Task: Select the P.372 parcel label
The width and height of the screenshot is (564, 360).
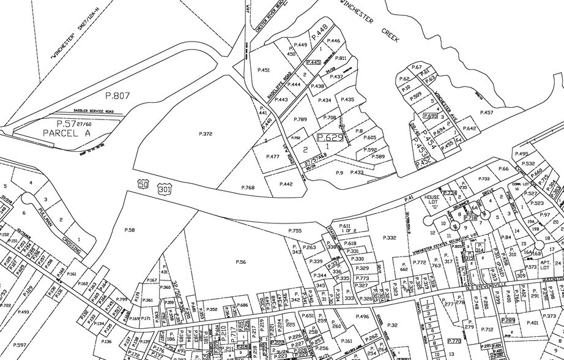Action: (x=205, y=133)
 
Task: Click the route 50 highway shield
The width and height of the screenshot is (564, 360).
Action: (x=143, y=184)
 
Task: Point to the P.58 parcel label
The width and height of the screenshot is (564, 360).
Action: (x=130, y=230)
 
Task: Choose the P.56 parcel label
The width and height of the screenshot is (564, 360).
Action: (x=240, y=262)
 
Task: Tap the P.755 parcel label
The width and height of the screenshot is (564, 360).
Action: (x=295, y=230)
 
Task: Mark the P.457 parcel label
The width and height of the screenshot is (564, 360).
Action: (x=486, y=112)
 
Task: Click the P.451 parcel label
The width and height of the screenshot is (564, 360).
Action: (x=264, y=70)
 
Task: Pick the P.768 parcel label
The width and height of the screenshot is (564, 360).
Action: (x=248, y=187)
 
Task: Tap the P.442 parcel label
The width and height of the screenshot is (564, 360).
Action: (x=286, y=184)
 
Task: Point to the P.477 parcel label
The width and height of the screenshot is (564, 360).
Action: (x=272, y=157)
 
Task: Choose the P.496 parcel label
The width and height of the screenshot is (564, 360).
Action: (x=362, y=317)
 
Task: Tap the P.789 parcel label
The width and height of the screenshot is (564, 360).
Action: (x=300, y=119)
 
